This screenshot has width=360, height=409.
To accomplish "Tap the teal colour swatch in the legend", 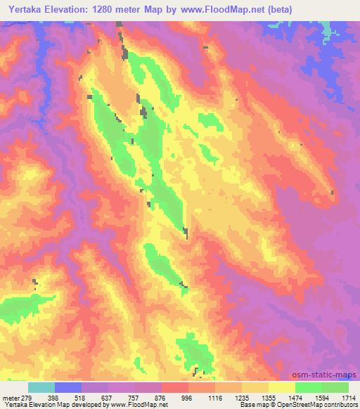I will tap(41, 387).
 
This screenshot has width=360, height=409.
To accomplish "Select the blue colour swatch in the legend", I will tap(68, 387).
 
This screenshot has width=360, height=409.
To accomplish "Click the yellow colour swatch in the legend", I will tap(281, 387).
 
